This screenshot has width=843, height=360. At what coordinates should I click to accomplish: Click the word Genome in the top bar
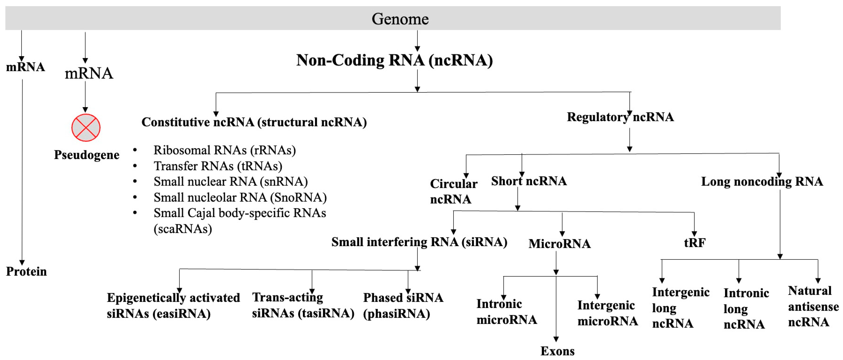tap(400, 19)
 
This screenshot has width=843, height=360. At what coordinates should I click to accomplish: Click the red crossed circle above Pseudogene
tap(86, 128)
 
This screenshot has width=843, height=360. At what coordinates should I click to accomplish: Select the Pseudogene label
tap(86, 155)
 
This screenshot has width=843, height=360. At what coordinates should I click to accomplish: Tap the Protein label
tap(26, 271)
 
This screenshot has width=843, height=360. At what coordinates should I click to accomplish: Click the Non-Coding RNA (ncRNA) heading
tap(394, 60)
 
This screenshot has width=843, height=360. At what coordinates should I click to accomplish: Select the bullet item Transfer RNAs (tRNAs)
tap(218, 166)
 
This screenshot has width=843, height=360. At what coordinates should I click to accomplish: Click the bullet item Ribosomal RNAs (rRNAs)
tap(224, 150)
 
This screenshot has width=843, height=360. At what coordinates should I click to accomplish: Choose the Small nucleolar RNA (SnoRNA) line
tap(240, 197)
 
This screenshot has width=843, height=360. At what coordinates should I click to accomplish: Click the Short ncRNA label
tap(529, 181)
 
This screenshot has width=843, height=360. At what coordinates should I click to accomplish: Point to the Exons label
tap(557, 351)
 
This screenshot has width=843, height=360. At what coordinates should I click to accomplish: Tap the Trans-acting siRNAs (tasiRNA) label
tap(303, 305)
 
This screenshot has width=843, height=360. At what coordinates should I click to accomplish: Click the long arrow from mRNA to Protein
tap(22, 170)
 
